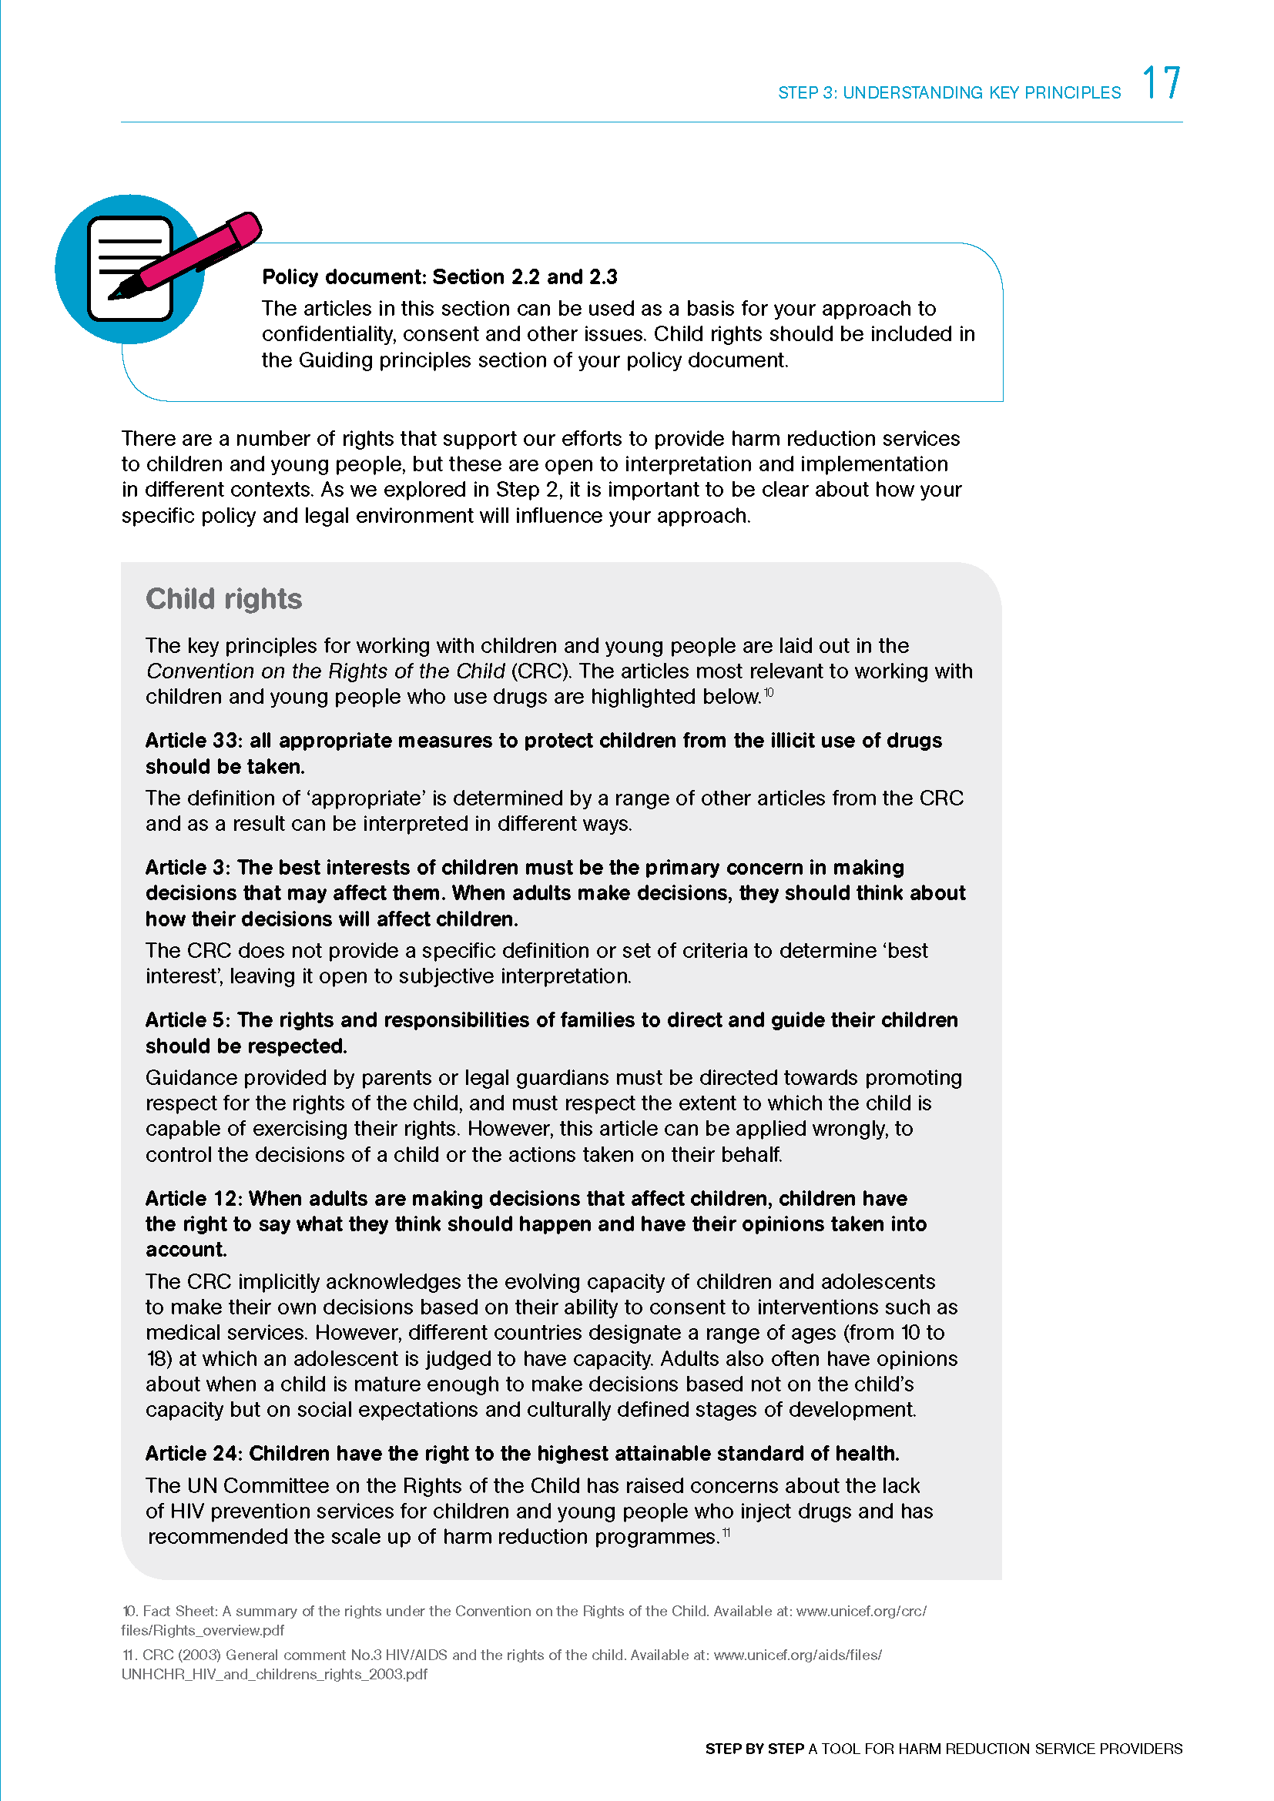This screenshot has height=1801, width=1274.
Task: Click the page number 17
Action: pos(1160,83)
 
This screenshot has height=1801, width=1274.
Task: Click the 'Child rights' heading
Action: pos(223,598)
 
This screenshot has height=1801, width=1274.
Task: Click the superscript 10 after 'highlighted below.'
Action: pos(769,692)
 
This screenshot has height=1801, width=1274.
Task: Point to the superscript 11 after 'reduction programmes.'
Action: pos(726,1532)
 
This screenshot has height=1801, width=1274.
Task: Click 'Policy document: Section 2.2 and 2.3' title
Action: pos(439,277)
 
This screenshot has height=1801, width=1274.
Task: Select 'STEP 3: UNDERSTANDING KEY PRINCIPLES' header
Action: pos(949,92)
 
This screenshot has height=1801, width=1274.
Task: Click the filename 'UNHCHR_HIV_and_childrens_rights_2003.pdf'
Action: pos(274,1673)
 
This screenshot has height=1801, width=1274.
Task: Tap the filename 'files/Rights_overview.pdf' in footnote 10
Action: pos(203,1629)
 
